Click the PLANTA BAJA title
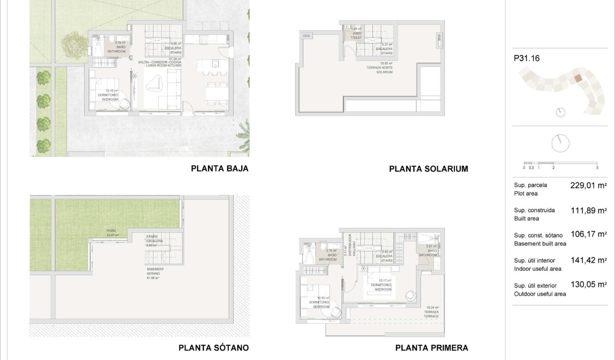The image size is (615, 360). [219, 168]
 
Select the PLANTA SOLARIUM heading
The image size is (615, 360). [429, 169]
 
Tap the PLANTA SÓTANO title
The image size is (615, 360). [214, 348]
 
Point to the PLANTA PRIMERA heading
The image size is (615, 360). [431, 348]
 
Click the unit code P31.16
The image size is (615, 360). [527, 59]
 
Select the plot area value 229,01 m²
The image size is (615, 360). [588, 185]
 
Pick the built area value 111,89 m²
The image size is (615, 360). [588, 210]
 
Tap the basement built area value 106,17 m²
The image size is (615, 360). [588, 235]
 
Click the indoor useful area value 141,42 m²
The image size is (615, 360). [588, 260]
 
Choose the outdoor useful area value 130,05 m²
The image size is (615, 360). [588, 285]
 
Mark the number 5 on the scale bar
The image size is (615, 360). [597, 168]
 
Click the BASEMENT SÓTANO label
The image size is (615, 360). [153, 273]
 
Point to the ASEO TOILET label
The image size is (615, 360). [356, 35]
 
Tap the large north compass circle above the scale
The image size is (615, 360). [560, 142]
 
